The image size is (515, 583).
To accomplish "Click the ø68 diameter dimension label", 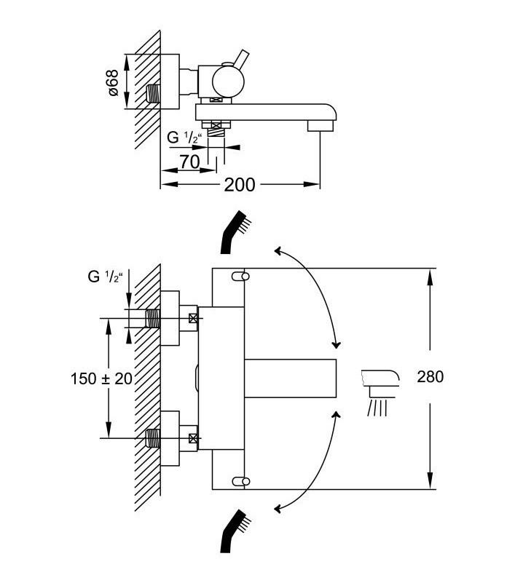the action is (x=114, y=82).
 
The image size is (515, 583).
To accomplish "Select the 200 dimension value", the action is (x=240, y=185).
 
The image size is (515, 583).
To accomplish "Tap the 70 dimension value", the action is (x=190, y=162).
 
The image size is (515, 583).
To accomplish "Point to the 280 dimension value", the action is (x=431, y=376).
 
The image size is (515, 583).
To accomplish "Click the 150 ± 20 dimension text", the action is (x=101, y=379).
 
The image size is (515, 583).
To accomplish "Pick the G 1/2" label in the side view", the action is (x=184, y=138).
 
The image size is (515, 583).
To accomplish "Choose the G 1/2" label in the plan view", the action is (x=105, y=277).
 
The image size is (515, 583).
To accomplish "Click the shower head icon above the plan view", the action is (x=235, y=233).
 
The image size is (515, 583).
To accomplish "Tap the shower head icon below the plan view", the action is (x=235, y=531).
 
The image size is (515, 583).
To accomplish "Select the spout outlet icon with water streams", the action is (x=380, y=392).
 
